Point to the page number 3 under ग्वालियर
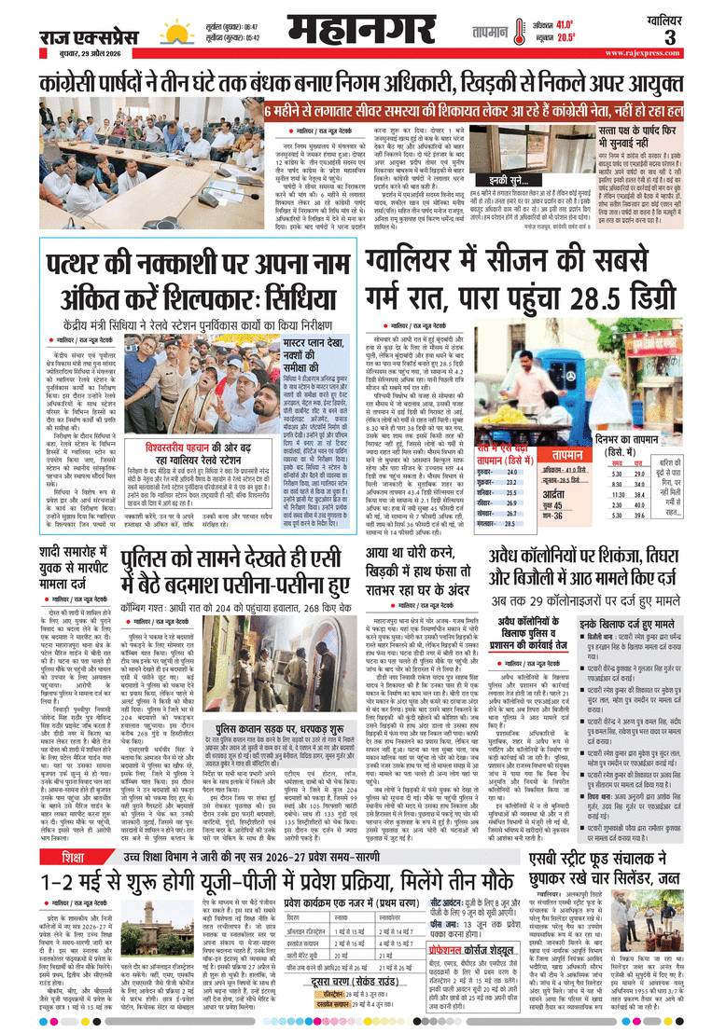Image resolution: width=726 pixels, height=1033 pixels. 695,38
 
